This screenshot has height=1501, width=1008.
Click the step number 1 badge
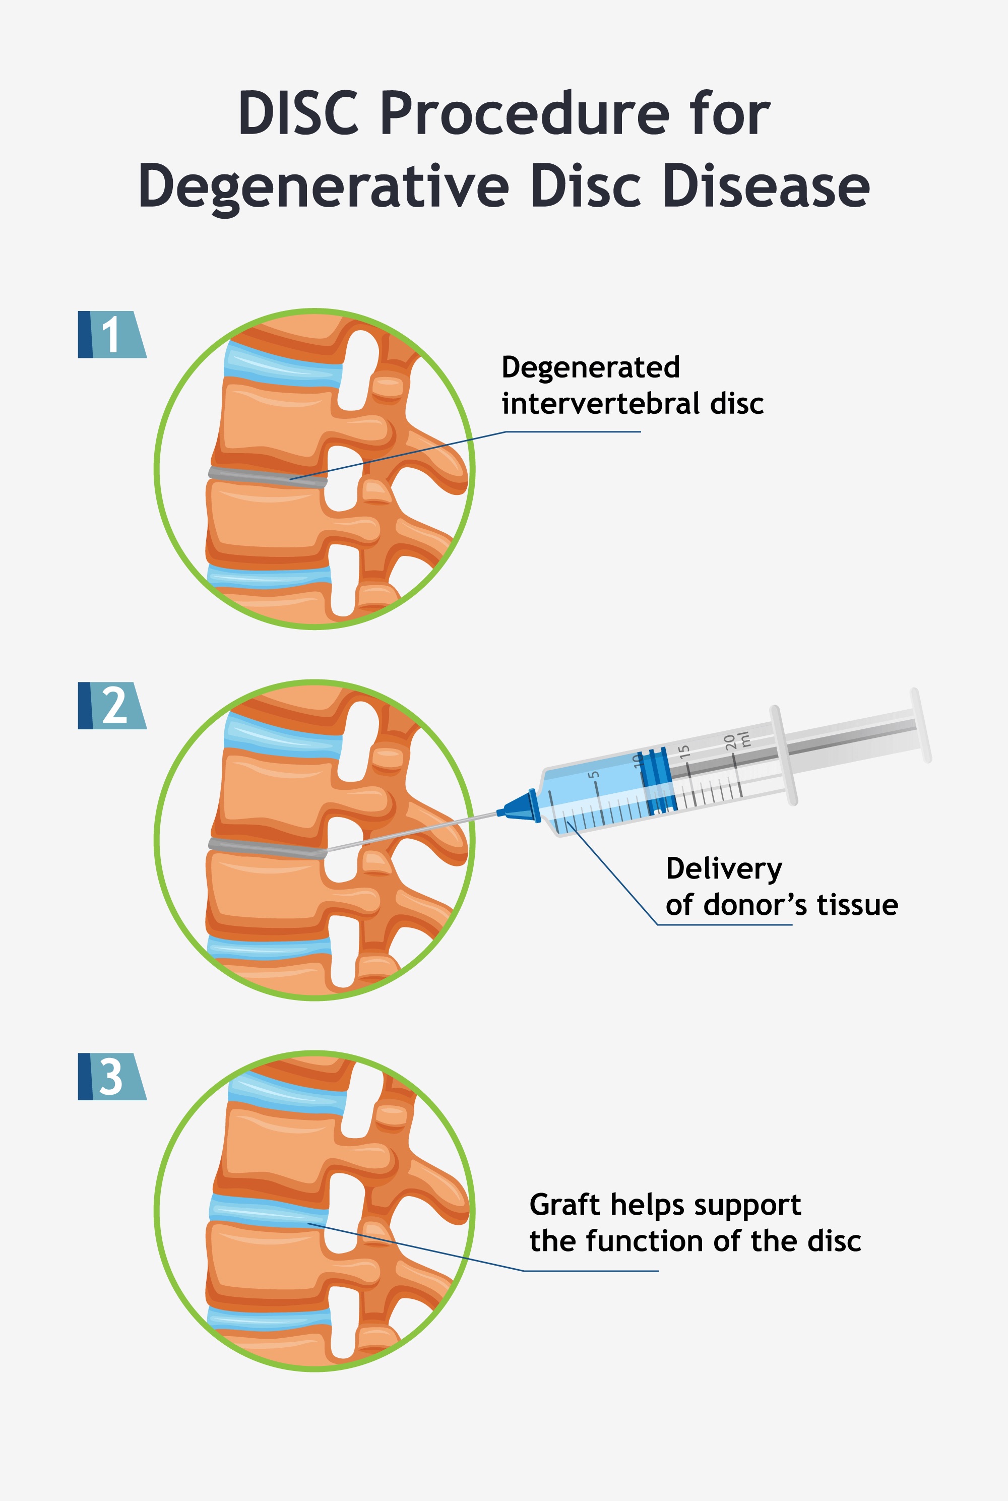(112, 334)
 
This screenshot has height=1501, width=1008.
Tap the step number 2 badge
(112, 705)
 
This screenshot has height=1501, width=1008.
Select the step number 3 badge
(112, 1076)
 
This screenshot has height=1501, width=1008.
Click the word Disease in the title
(766, 186)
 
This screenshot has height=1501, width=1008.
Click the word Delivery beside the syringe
(724, 869)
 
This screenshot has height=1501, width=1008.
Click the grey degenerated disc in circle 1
(267, 477)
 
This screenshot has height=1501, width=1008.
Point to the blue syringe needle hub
(521, 806)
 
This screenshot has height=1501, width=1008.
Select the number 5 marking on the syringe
(595, 775)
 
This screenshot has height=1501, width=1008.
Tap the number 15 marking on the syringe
(684, 752)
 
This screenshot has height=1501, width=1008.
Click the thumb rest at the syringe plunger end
(921, 725)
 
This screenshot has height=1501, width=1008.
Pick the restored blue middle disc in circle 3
(269, 1211)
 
